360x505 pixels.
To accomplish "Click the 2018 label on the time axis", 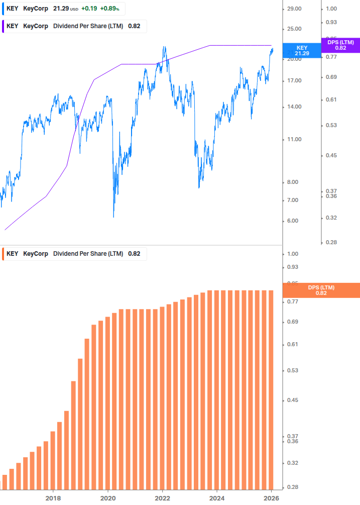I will pos(53,498).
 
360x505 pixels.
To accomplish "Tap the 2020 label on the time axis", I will pos(108,498).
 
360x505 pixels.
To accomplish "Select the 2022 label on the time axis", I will pos(162,498).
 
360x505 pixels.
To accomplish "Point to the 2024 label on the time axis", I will pos(217,498).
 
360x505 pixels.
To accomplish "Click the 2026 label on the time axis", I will pos(271,498).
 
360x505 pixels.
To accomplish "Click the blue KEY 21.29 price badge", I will pos(302,51).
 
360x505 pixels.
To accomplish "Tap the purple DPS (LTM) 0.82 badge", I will pos(340,45).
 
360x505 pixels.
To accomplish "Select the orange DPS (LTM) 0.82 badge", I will pos(321,290).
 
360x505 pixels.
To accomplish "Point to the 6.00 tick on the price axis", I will pos(293,221).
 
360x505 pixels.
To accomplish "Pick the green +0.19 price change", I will pos(88,9).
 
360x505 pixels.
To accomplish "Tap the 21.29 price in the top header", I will pos(61,9).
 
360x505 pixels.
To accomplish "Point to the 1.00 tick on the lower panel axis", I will pos(292,254).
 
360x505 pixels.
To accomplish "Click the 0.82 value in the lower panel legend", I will pos(134,254).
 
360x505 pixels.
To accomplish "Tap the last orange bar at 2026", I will pos(271,389).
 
